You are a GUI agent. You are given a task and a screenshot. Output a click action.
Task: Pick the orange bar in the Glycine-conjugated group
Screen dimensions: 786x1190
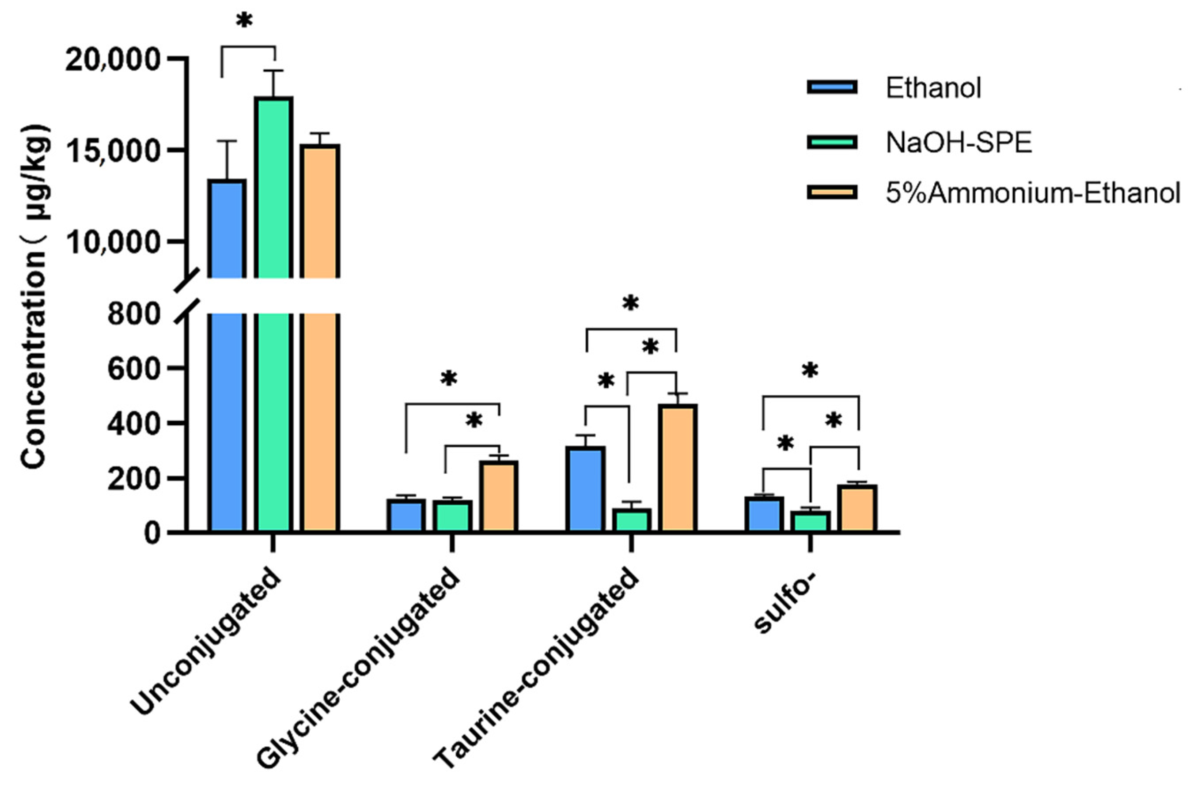499,496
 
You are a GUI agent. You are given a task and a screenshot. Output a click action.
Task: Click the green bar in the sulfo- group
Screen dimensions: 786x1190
811,521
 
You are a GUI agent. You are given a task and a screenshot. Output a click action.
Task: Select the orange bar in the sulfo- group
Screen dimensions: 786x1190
859,508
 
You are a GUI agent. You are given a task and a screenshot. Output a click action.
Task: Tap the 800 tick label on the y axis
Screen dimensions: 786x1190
133,315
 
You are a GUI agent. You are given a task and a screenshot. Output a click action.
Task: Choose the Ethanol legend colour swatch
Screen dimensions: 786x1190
831,88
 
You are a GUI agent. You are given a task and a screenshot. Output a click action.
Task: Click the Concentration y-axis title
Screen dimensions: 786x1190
35,296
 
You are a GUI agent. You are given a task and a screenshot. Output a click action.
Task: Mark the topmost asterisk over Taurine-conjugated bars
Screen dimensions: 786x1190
630,304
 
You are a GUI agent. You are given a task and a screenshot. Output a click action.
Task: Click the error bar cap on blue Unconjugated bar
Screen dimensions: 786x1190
227,142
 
